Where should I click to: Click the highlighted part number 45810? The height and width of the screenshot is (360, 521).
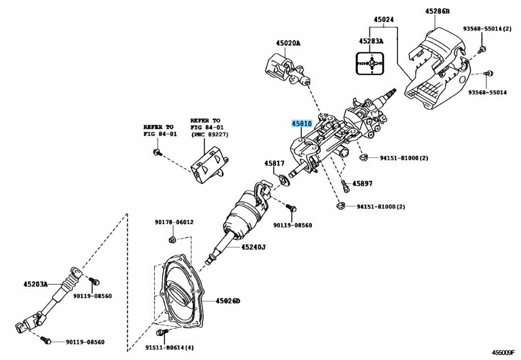pyautogui.click(x=301, y=123)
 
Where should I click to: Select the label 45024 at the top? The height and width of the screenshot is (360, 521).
pyautogui.click(x=384, y=20)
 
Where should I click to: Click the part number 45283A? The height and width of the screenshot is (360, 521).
pyautogui.click(x=371, y=41)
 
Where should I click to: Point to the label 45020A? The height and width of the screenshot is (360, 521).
pyautogui.click(x=288, y=43)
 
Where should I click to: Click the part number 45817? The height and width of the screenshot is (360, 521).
pyautogui.click(x=274, y=163)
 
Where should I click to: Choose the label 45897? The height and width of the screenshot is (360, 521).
pyautogui.click(x=363, y=183)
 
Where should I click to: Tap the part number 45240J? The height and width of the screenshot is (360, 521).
pyautogui.click(x=253, y=247)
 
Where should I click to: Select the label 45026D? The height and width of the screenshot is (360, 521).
pyautogui.click(x=227, y=301)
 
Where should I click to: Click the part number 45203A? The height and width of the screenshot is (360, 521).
pyautogui.click(x=35, y=284)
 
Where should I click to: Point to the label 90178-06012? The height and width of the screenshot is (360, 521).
pyautogui.click(x=174, y=223)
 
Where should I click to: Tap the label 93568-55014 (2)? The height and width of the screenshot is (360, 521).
pyautogui.click(x=487, y=29)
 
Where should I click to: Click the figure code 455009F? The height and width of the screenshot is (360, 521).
pyautogui.click(x=503, y=352)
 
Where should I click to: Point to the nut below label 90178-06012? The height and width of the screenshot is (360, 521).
pyautogui.click(x=172, y=239)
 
